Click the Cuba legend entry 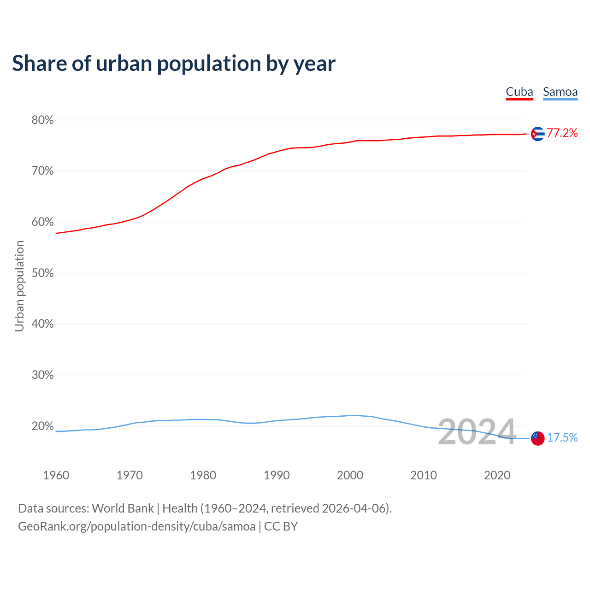[x=519, y=92]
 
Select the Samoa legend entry [x=560, y=92]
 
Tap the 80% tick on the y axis [x=42, y=120]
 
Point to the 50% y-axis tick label [x=42, y=273]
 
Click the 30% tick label [x=42, y=375]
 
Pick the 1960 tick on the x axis [x=56, y=475]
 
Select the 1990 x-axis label [x=277, y=475]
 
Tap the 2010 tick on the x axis [x=424, y=475]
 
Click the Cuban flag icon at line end [x=537, y=134]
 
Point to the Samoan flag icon [x=537, y=438]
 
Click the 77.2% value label [x=562, y=133]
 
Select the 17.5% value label [x=562, y=438]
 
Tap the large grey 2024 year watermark [x=477, y=432]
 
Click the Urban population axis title [x=19, y=286]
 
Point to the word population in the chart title [x=209, y=64]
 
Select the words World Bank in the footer [x=123, y=508]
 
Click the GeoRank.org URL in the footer [x=136, y=526]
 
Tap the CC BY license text [x=281, y=526]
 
